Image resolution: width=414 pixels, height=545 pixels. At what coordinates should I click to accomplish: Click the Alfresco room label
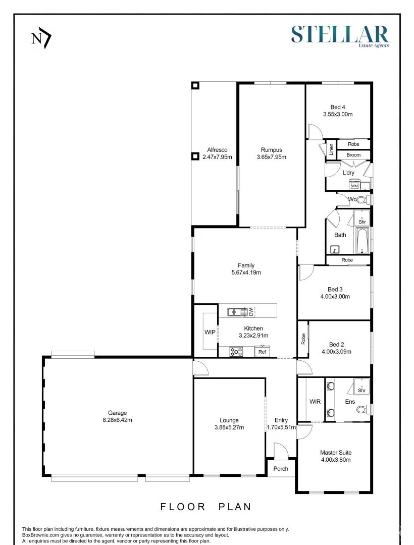pyautogui.click(x=217, y=150)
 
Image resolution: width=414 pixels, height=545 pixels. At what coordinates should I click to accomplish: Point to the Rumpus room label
pyautogui.click(x=271, y=150)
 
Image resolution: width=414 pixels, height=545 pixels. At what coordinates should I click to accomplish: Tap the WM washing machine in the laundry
pyautogui.click(x=354, y=186)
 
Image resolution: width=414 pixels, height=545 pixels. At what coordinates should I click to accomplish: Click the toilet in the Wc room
pyautogui.click(x=364, y=200)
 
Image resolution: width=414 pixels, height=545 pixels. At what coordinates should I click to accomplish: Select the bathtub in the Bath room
pyautogui.click(x=363, y=241)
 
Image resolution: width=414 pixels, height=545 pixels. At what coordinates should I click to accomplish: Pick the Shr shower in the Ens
pyautogui.click(x=361, y=388)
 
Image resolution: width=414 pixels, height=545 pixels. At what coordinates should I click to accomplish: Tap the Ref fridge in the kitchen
pyautogui.click(x=262, y=352)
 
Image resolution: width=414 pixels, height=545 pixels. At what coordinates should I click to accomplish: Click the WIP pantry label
pyautogui.click(x=210, y=333)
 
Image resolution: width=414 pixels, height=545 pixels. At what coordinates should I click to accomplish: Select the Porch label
pyautogui.click(x=281, y=469)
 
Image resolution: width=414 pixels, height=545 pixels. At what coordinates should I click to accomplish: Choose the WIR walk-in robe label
pyautogui.click(x=315, y=402)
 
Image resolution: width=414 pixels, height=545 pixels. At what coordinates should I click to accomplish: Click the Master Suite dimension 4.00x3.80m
pyautogui.click(x=335, y=460)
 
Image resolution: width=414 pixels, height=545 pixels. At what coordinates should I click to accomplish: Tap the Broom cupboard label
pyautogui.click(x=353, y=155)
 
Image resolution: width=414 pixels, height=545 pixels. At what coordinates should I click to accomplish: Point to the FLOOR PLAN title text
pyautogui.click(x=205, y=507)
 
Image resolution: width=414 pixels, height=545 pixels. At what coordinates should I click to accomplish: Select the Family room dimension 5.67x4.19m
pyautogui.click(x=246, y=272)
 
